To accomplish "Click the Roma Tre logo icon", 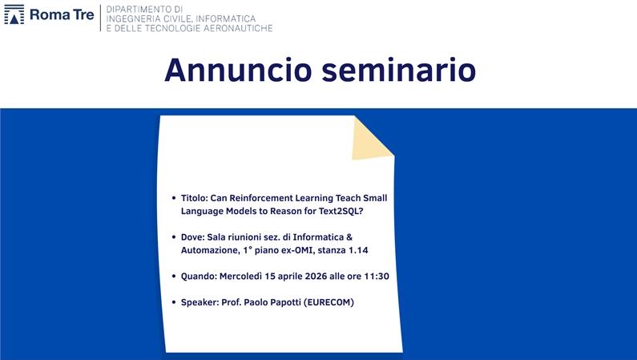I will tap(14, 15).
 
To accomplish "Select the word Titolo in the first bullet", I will tap(193, 197).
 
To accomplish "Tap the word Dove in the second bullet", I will tap(192, 237).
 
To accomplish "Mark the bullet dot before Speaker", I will tap(174, 303).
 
